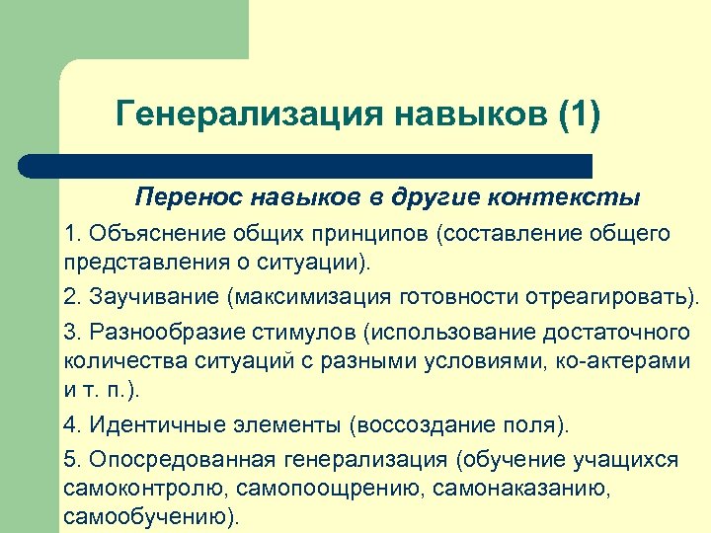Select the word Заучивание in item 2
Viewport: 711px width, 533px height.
tap(154, 297)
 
